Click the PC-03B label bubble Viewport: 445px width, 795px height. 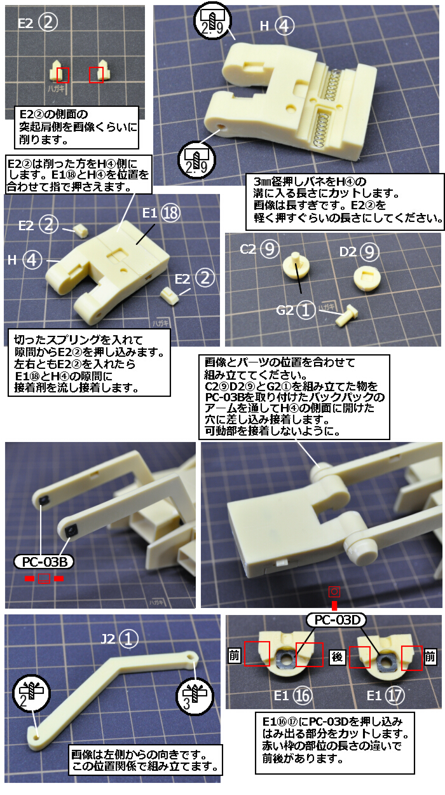(44, 562)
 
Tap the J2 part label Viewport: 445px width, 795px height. (120, 639)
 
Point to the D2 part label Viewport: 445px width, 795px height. (359, 252)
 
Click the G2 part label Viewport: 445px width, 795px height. (296, 310)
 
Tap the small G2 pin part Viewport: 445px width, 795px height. (346, 315)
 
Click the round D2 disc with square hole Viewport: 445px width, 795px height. (367, 279)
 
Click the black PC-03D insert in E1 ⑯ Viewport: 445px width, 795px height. (285, 658)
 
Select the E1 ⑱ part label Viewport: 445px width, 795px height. (161, 212)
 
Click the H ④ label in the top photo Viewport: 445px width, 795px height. (277, 26)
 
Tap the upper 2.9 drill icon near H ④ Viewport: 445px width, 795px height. (212, 21)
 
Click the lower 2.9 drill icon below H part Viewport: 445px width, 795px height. (196, 160)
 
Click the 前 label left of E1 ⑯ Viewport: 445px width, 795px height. (234, 656)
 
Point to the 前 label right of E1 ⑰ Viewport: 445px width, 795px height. (430, 657)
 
